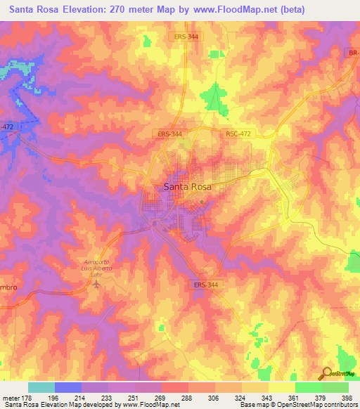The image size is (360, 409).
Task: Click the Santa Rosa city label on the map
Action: point(188,186)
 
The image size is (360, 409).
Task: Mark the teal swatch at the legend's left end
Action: point(41,387)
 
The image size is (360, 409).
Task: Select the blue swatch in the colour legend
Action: point(68,387)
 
